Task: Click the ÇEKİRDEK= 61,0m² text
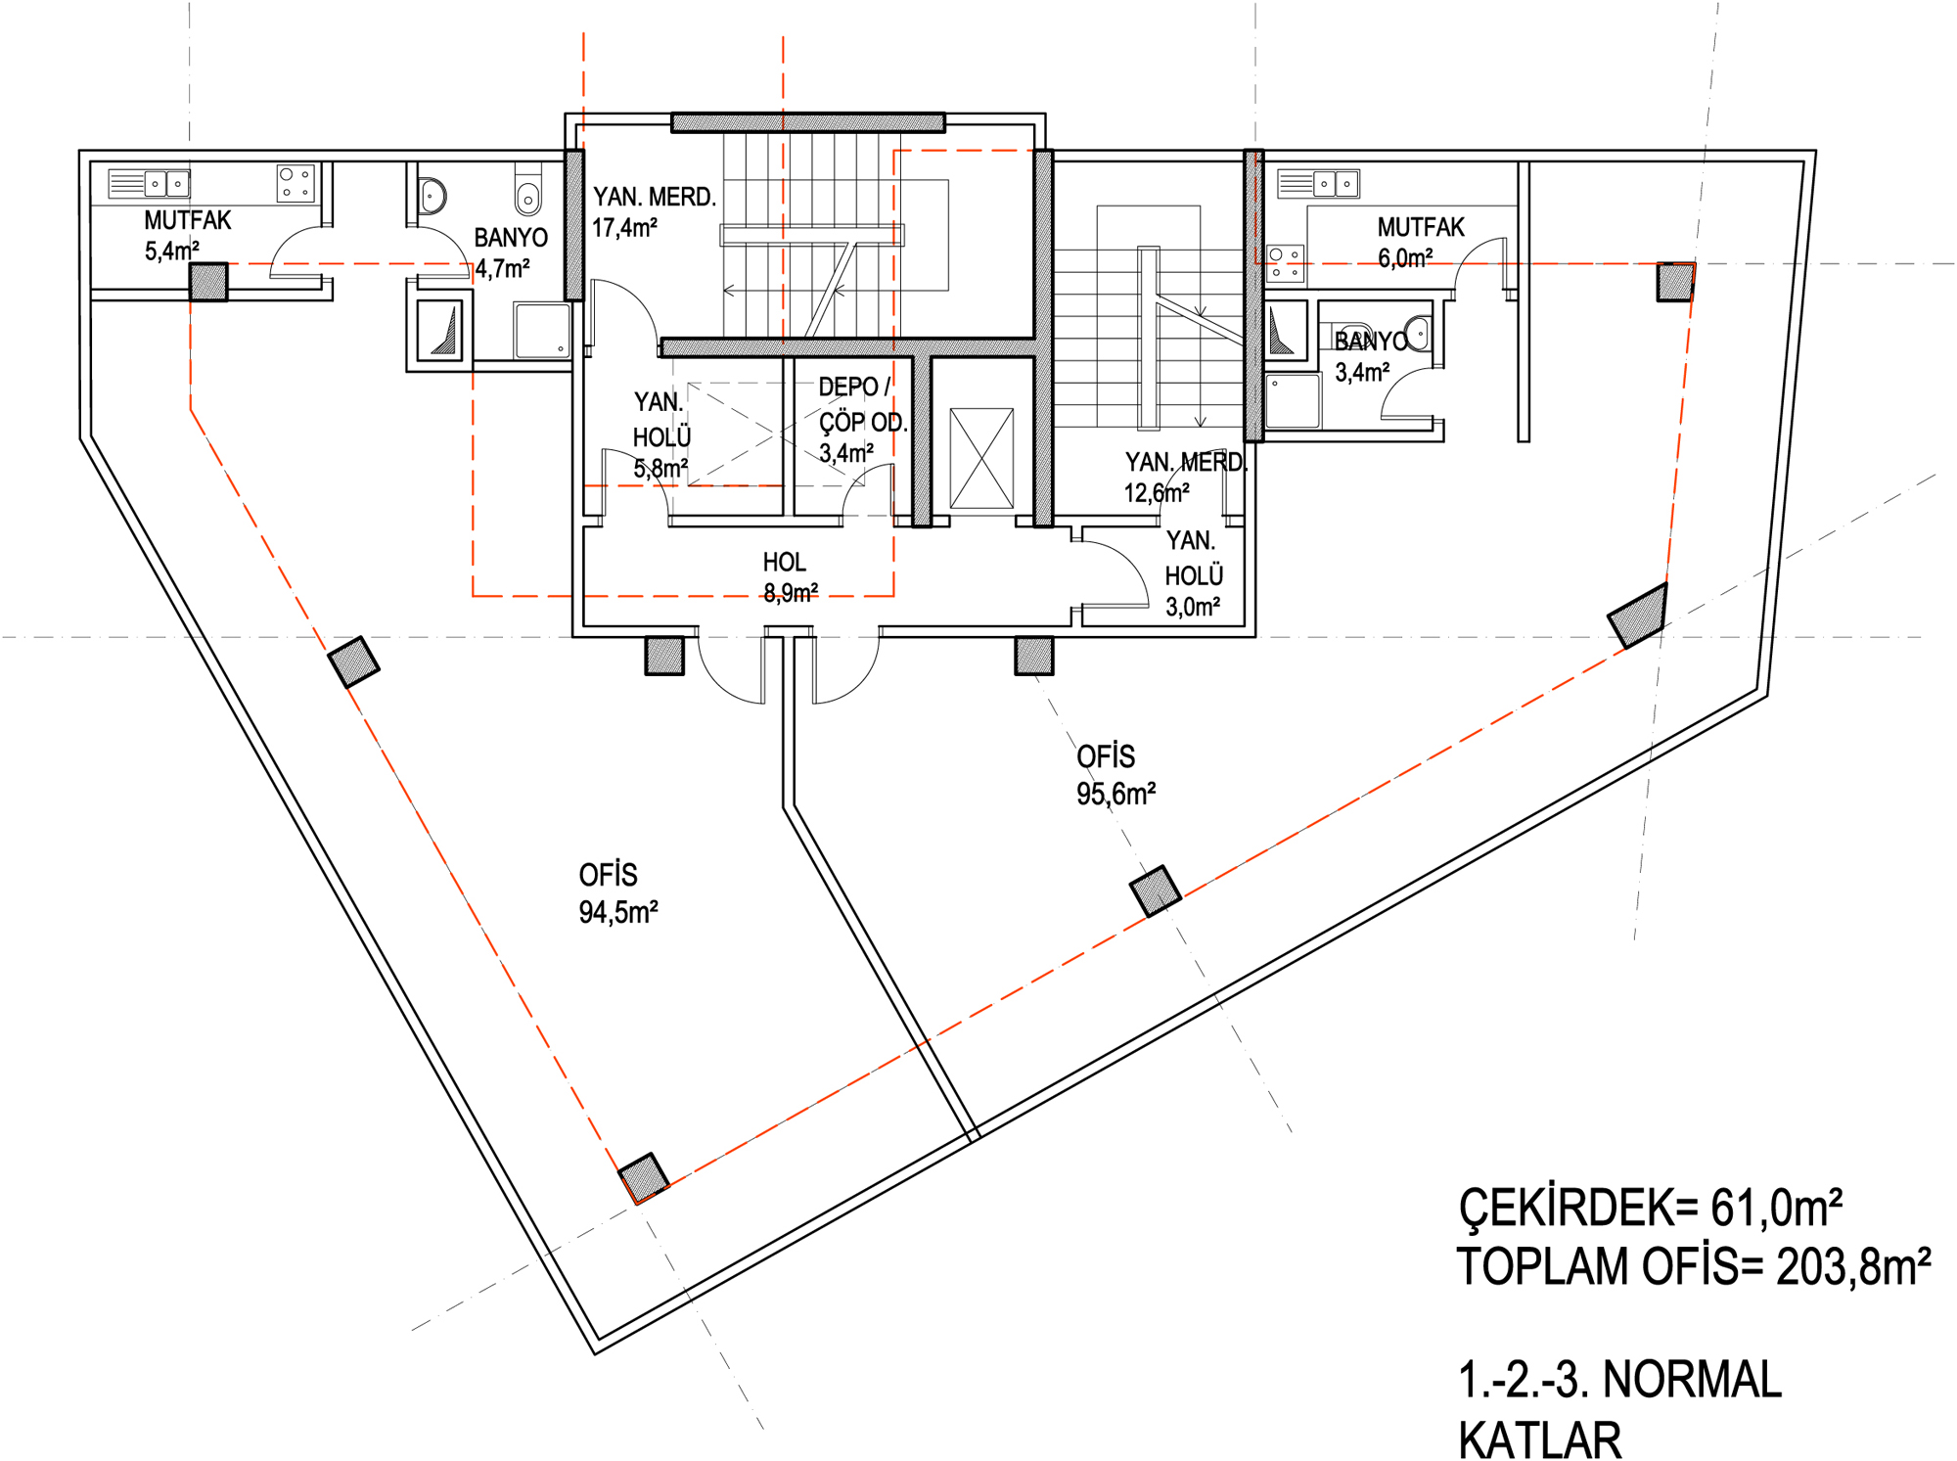[1650, 1207]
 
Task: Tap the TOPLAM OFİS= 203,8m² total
[1694, 1265]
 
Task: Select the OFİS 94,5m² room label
[617, 893]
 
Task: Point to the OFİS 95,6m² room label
[1115, 775]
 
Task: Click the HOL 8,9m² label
[790, 576]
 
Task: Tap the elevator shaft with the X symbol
[981, 458]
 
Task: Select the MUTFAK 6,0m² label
[1421, 243]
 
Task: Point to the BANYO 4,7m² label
[511, 252]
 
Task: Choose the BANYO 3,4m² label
[1370, 356]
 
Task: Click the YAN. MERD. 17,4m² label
[654, 211]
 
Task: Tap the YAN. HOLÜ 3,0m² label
[1194, 573]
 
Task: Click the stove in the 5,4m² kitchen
[296, 183]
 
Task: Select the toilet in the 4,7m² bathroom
[528, 191]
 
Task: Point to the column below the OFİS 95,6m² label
[1156, 890]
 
